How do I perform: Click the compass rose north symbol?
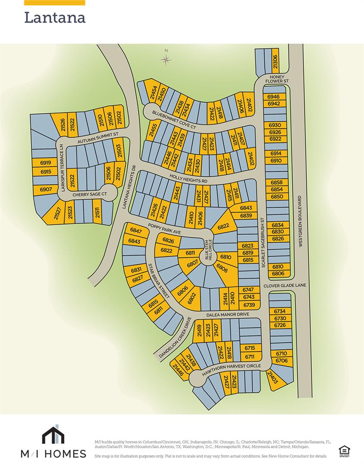point(166,59)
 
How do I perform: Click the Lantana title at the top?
point(55,18)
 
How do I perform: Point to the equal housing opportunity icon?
point(344,450)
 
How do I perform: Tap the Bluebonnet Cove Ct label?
point(174,120)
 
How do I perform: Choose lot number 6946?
point(274,97)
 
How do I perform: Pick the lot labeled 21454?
point(152,93)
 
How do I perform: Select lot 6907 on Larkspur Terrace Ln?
point(46,189)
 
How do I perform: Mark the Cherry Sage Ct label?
point(89,195)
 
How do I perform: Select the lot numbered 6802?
point(192,298)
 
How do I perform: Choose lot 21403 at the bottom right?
point(273,378)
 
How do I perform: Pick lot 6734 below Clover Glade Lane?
point(280,311)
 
